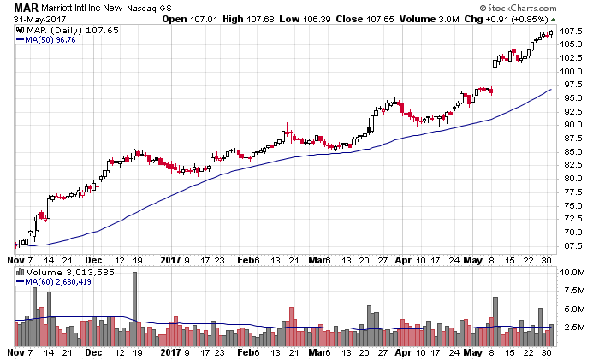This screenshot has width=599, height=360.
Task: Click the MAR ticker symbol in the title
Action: coord(19,7)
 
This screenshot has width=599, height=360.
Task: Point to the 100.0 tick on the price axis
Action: coord(572,71)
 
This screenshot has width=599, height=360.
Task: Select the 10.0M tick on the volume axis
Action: coord(572,273)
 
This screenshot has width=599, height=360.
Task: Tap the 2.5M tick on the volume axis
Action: coord(572,328)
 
